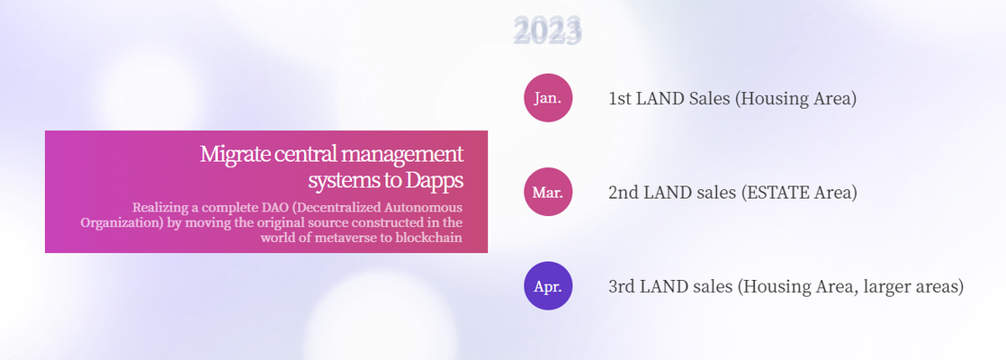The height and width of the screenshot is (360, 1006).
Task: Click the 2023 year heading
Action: [x=548, y=31]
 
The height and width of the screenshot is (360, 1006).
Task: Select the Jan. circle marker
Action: [x=548, y=98]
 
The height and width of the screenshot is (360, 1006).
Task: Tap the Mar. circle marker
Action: [x=548, y=192]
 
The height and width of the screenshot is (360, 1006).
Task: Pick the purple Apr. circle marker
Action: [x=548, y=286]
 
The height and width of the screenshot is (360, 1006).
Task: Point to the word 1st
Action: [x=620, y=99]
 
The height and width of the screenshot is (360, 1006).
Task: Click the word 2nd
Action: [x=623, y=193]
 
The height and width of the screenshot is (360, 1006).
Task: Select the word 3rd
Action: [x=622, y=286]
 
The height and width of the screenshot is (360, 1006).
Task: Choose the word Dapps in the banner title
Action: [x=435, y=181]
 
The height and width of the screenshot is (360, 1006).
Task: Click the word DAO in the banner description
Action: [x=271, y=208]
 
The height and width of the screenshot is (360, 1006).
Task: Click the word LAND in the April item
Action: [x=663, y=286]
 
